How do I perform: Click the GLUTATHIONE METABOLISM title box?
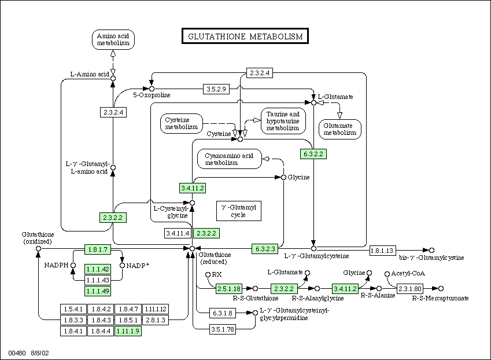pos(245,36)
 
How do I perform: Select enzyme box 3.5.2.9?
pos(216,89)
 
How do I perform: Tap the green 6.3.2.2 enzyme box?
pos(313,154)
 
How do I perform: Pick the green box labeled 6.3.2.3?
pos(265,249)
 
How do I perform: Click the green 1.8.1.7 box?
pos(98,249)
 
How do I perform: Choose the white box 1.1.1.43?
pos(98,280)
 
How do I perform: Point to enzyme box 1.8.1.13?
pos(383,251)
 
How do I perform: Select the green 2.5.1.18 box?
pos(229,289)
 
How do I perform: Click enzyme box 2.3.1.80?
pos(409,289)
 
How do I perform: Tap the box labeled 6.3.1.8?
pos(222,313)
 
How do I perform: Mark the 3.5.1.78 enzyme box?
pos(222,329)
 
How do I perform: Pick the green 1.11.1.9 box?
pos(128,331)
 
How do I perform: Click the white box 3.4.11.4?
pos(178,233)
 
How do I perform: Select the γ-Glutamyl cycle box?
pos(239,211)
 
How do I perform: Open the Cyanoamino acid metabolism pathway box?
pos(229,159)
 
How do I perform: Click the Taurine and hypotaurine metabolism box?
pos(283,121)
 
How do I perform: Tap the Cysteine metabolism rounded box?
pos(182,123)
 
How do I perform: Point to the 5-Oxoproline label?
pos(152,95)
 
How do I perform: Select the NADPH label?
pos(56,265)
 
